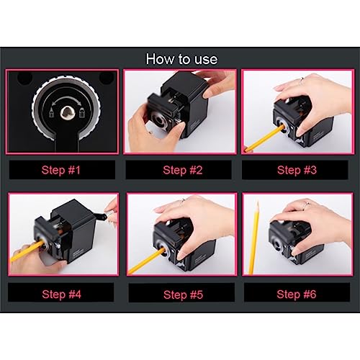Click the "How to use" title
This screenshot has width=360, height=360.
point(181,59)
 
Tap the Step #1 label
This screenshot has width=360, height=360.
point(61,170)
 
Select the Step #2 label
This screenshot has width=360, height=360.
point(183,170)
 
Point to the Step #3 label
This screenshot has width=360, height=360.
point(297,170)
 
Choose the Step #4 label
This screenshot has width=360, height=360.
point(61,294)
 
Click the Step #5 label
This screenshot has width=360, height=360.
point(183,294)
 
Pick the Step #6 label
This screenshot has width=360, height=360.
point(297,294)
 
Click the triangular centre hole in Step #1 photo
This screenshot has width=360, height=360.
point(66,113)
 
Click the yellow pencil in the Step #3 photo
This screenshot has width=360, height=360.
point(264,138)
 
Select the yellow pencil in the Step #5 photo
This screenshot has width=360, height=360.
point(146,261)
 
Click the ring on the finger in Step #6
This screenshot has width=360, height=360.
point(306,204)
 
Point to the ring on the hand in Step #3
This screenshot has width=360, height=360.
point(302,81)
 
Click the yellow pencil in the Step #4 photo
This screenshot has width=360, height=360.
point(27,251)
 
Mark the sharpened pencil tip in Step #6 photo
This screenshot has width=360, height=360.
point(257,203)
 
